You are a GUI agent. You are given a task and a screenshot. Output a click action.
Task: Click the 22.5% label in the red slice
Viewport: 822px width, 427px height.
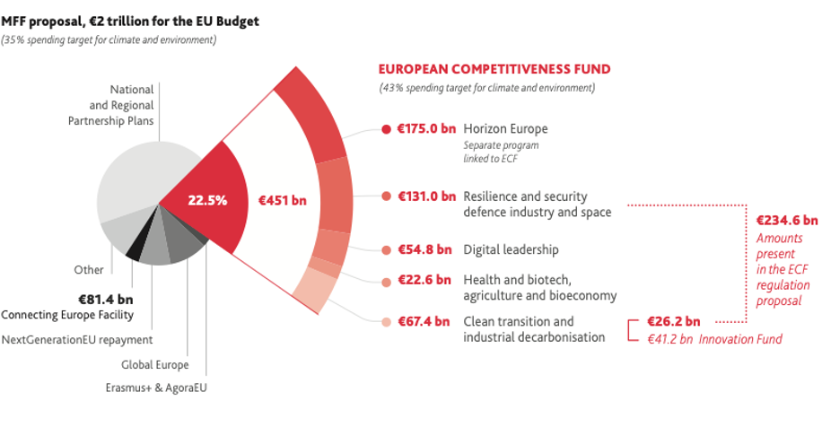[207, 200]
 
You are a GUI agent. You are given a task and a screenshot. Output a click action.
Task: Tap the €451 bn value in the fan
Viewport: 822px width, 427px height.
[282, 200]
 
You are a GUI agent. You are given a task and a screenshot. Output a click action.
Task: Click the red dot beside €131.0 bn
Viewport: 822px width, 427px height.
[386, 196]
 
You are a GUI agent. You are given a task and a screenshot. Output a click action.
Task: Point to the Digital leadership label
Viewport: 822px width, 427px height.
[511, 249]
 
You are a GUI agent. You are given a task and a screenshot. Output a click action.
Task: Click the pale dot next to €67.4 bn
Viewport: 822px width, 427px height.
[386, 322]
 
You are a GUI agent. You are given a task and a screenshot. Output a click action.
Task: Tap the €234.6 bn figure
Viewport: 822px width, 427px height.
[787, 220]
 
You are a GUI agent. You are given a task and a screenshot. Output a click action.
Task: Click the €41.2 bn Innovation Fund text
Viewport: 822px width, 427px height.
[715, 338]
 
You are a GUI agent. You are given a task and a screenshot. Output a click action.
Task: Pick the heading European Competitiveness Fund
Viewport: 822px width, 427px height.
[494, 68]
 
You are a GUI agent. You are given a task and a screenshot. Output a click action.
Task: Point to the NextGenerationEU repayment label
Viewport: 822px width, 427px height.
[77, 340]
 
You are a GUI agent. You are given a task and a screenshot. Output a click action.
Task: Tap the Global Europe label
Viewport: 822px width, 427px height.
[155, 365]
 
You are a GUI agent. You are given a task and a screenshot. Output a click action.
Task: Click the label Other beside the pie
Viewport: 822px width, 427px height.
[89, 269]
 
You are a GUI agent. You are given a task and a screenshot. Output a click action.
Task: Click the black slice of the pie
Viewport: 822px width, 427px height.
[134, 253]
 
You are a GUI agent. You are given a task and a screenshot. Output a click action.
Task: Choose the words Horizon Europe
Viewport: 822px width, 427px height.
[505, 128]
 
